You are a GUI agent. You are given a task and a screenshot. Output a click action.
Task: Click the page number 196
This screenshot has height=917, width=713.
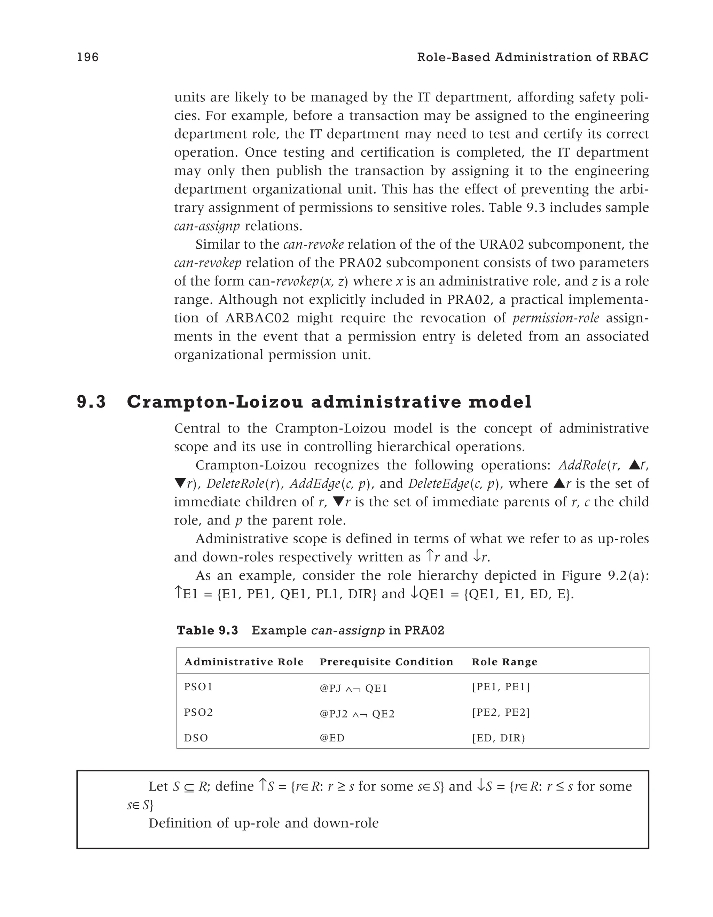pos(88,57)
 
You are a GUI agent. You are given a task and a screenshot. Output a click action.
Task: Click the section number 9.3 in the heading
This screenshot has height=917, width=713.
pos(92,402)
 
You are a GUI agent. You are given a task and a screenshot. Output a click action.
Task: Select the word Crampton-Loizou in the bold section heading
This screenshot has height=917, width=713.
pos(214,402)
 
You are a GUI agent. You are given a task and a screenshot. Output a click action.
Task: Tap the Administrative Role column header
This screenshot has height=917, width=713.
pos(244,662)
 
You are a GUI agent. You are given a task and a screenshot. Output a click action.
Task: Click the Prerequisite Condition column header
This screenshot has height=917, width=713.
pos(386,662)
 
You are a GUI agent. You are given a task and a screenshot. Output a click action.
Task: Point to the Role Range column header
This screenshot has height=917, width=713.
pos(504,662)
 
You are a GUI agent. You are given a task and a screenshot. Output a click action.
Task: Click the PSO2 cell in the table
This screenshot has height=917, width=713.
pos(198,713)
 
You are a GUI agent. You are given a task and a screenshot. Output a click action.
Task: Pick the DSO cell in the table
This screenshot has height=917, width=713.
pos(196,738)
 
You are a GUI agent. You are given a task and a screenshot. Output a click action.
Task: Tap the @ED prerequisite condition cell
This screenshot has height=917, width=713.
pos(332,738)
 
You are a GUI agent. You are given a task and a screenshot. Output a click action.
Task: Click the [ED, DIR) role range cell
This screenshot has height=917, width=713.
pos(499,738)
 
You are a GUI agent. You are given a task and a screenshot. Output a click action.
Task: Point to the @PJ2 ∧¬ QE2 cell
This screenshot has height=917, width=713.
pos(357,714)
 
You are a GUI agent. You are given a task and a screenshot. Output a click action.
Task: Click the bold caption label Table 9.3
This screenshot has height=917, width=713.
pos(207,631)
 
